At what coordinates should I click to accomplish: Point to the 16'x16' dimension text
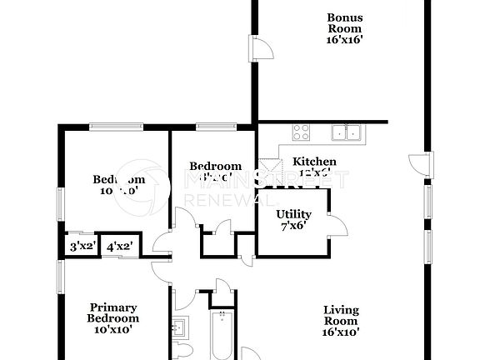tap(344, 38)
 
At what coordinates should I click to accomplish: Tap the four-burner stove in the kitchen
tap(301, 132)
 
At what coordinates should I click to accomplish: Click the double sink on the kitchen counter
tap(345, 132)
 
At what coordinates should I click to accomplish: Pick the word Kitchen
tap(314, 162)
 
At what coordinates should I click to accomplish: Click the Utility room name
tap(293, 214)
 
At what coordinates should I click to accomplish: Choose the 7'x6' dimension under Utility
tap(292, 225)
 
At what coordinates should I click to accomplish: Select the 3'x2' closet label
tap(82, 247)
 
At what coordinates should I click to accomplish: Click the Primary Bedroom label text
tap(113, 312)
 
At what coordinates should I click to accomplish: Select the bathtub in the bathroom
tap(223, 337)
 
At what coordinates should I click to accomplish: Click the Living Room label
tap(341, 316)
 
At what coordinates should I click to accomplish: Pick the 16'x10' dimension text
tap(341, 332)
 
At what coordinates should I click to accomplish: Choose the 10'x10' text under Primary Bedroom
tap(113, 329)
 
